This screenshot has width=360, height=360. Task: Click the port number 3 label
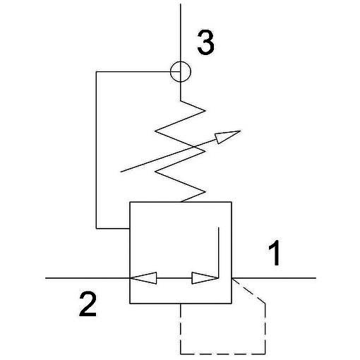point(205,42)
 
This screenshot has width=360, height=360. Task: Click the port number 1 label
point(274,253)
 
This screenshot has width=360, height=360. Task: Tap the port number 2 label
point(88,304)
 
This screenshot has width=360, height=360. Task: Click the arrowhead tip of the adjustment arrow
point(240,131)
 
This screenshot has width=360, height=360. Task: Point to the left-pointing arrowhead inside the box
point(143,278)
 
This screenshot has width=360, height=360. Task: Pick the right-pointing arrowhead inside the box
point(205,278)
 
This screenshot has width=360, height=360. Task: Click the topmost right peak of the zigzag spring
point(205,111)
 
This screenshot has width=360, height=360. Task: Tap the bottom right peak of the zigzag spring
point(205,192)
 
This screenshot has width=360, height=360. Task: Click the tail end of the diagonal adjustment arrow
point(121,172)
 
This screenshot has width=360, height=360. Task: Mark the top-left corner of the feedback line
point(96,72)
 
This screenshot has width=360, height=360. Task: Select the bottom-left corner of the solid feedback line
point(96,228)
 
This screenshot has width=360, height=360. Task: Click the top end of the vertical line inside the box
point(219,227)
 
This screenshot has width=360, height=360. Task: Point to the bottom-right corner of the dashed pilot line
point(265,354)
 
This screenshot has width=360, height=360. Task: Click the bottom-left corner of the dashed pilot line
point(181,354)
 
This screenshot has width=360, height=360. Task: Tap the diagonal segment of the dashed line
point(248,291)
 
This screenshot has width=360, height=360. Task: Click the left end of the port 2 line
point(45,278)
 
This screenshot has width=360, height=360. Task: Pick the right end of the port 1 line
point(316,278)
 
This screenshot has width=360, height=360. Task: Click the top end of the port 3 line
point(181,4)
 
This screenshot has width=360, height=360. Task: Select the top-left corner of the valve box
point(130,202)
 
